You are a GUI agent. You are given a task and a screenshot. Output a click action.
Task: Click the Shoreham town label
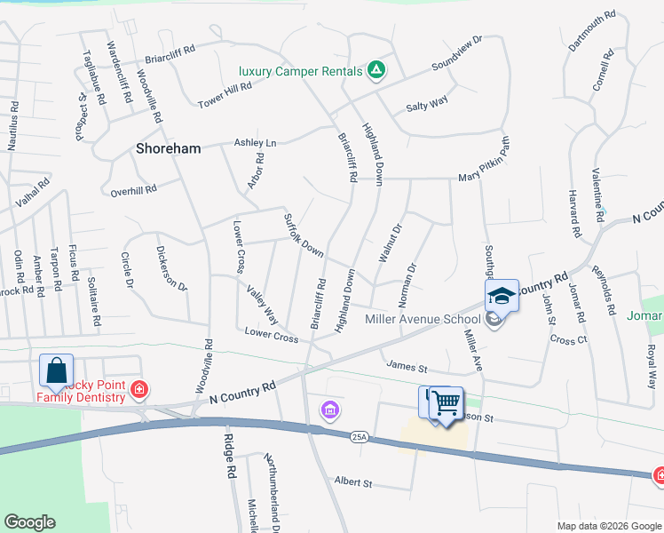point(168,149)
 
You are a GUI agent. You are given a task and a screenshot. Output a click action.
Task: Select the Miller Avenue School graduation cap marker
point(501,297)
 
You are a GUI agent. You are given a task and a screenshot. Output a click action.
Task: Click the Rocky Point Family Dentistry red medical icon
point(138,388)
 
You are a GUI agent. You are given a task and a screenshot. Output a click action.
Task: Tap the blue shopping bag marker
point(56,371)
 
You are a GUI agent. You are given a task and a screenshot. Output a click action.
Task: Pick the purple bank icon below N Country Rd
point(330,410)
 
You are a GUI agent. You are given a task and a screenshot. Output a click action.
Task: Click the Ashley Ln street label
point(255,143)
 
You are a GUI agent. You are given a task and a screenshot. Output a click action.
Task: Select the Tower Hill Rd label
point(225,95)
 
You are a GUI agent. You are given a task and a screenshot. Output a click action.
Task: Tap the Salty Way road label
point(426,106)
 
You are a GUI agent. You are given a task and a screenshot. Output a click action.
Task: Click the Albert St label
point(352,481)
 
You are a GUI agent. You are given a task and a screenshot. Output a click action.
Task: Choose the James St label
point(407,366)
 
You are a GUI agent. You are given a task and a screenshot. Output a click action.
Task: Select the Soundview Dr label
point(456,54)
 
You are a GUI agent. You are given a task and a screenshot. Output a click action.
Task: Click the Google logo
point(29,522)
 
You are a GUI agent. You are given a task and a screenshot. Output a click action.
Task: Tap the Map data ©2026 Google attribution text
point(608,526)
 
